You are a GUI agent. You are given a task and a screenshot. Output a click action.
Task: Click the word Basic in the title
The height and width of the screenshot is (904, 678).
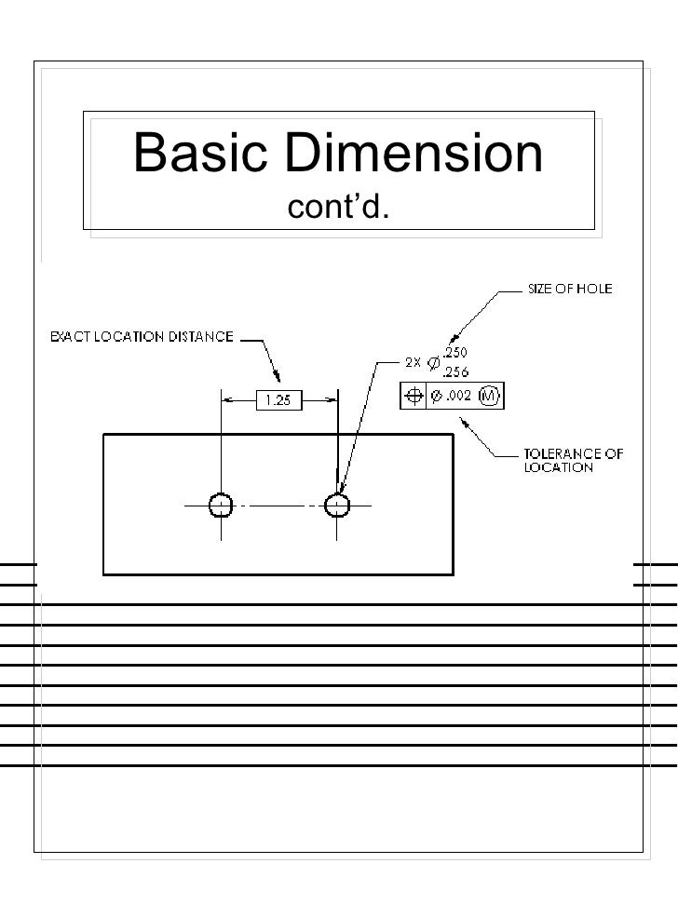[201, 155]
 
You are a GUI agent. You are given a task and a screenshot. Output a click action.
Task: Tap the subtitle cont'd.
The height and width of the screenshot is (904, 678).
[338, 210]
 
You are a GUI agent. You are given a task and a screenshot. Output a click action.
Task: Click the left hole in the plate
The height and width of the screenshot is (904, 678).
[221, 505]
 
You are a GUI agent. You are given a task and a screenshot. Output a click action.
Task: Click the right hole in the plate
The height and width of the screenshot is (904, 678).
[337, 505]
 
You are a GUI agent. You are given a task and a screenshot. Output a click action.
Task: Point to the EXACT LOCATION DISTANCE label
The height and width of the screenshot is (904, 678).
[141, 338]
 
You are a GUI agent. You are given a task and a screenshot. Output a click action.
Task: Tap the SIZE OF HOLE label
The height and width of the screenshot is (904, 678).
[570, 290]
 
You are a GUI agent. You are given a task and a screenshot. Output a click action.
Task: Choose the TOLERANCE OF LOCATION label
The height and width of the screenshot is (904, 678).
[572, 461]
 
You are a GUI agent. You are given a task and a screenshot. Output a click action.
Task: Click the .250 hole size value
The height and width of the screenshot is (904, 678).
[455, 355]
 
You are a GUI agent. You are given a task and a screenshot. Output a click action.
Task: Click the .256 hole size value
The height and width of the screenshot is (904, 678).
[455, 371]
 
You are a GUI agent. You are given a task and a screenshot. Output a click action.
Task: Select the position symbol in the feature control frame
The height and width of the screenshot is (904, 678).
[413, 397]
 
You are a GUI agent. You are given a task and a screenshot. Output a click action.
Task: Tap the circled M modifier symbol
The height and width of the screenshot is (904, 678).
[490, 397]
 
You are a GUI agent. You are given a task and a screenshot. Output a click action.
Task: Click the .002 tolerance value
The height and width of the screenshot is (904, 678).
[456, 398]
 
